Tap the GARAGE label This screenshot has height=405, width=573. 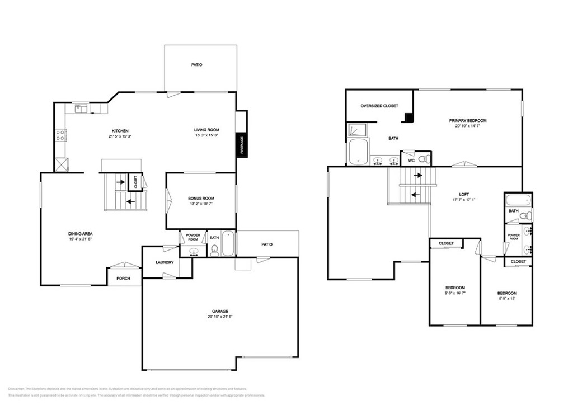tap(220, 311)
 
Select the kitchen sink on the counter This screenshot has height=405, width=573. tap(81, 109)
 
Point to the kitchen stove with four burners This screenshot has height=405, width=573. tap(60, 135)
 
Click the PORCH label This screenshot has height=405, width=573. tap(123, 278)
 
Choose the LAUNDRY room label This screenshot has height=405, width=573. tap(165, 262)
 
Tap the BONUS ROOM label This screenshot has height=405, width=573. tap(201, 199)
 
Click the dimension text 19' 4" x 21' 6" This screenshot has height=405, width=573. tap(80, 239)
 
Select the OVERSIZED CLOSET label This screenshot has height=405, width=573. tap(379, 106)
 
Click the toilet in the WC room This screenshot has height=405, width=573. tap(424, 159)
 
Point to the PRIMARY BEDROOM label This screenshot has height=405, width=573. tap(467, 120)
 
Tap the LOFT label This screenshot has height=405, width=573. tap(464, 194)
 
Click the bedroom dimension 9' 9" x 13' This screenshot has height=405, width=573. tap(507, 299)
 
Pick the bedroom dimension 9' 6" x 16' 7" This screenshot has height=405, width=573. tap(455, 293)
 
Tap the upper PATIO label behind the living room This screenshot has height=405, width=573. tap(196, 65)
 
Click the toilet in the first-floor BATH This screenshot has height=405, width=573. tap(214, 250)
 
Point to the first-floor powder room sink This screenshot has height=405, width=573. tap(194, 252)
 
